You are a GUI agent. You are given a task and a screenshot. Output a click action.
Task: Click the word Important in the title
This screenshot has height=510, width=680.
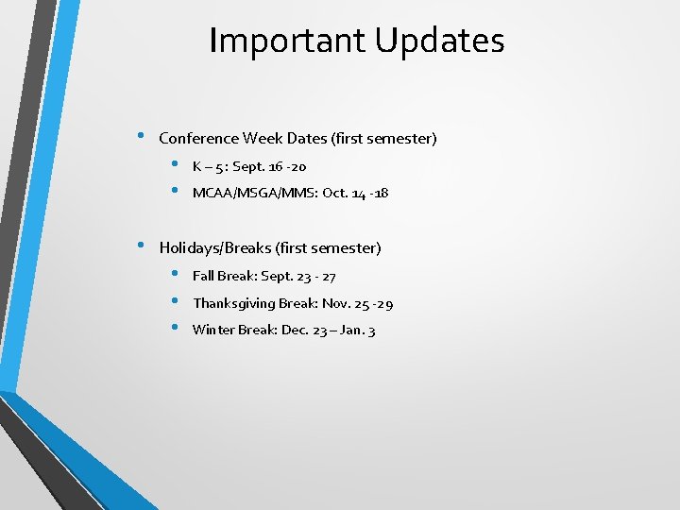tap(287, 42)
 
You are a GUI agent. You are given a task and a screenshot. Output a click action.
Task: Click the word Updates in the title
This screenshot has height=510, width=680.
tap(439, 42)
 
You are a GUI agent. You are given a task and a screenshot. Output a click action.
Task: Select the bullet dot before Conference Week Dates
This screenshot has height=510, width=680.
tap(139, 135)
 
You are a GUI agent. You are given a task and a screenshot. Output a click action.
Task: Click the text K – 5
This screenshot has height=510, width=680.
tap(209, 167)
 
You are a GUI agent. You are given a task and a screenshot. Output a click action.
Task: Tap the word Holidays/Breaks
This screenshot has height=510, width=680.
tap(215, 248)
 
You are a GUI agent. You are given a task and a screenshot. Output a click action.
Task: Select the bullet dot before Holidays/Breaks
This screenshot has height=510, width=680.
tap(139, 245)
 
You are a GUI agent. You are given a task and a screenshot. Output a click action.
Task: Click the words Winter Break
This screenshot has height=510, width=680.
tap(234, 331)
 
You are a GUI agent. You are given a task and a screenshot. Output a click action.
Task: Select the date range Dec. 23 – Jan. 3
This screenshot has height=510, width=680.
tap(328, 331)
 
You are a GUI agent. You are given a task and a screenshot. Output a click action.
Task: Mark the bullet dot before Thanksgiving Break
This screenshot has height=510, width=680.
tap(176, 301)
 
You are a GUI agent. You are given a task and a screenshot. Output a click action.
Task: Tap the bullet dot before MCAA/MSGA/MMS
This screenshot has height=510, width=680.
tap(176, 191)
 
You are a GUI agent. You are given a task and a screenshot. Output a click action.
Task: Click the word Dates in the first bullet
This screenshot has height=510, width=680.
tap(307, 139)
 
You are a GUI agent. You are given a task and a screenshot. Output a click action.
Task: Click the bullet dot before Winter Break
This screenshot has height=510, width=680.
tap(176, 328)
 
